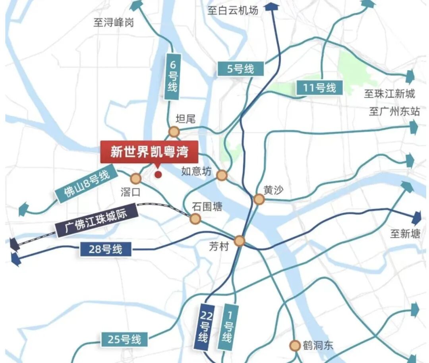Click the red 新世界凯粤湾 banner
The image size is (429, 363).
click(x=149, y=152)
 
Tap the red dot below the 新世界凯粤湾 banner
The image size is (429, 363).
click(x=158, y=174)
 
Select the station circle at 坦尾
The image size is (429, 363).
click(x=174, y=132)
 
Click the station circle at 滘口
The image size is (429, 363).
click(x=136, y=178)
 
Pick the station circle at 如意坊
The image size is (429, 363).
click(x=222, y=175)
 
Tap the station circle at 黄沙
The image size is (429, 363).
click(x=259, y=199)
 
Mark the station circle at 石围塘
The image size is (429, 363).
click(x=195, y=218)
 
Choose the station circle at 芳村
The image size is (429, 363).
click(x=239, y=241)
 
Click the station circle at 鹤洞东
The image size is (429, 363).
click(x=295, y=346)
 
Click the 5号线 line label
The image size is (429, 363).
click(x=240, y=69)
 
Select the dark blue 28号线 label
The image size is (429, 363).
click(x=106, y=249)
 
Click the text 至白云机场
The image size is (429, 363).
click(x=233, y=11)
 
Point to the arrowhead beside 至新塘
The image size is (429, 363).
click(x=416, y=218)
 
